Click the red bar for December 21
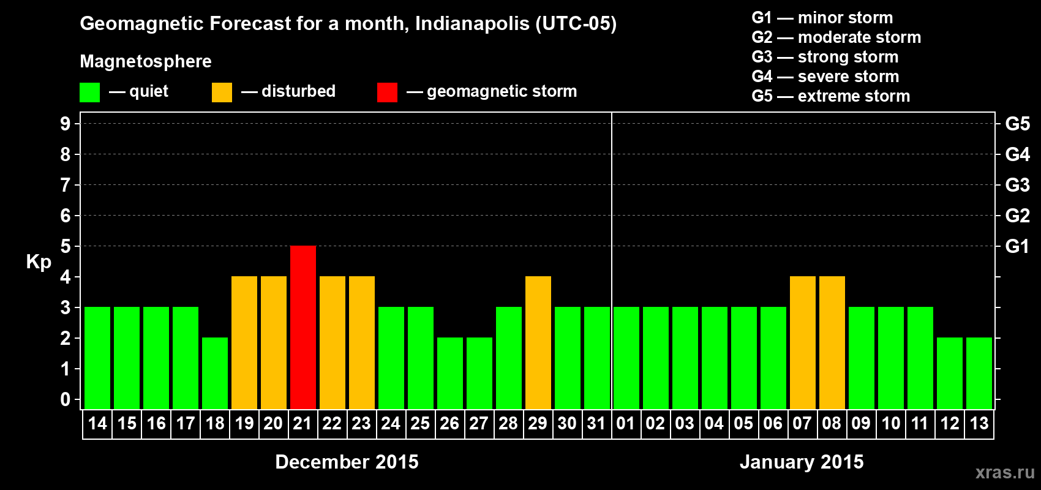pos(303,327)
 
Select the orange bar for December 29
pos(538,342)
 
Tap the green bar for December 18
pos(215,373)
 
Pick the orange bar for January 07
pos(803,342)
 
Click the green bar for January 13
pos(979,373)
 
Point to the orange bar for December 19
pos(244,342)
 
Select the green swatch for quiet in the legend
pos(90,92)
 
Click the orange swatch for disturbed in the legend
pos(222,92)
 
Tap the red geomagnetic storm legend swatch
pos(387,92)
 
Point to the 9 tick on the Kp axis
pos(66,124)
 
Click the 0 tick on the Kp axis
pos(66,400)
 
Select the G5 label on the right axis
pos(1017,124)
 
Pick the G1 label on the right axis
pos(1017,246)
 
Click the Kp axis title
pos(39,262)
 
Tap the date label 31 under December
pos(596,423)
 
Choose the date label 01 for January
pos(626,423)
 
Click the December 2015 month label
pos(347,462)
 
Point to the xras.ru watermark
pos(1005,472)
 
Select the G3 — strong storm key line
pos(825,57)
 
